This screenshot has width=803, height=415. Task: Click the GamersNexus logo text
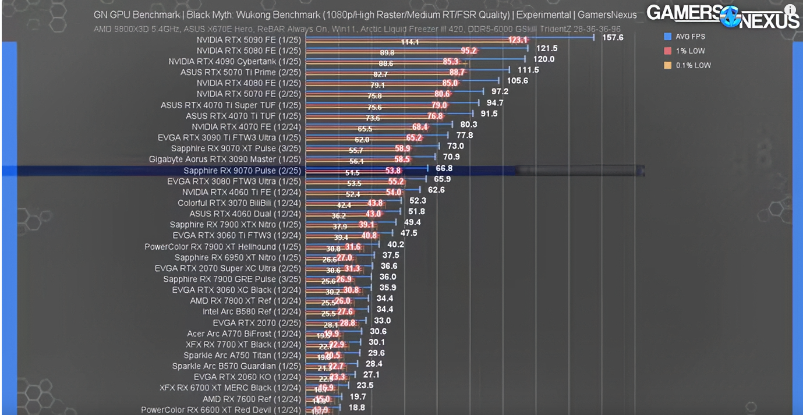point(723,16)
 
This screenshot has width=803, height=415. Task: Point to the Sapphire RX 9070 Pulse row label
point(242,171)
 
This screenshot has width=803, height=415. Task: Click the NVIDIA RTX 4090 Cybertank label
point(235,61)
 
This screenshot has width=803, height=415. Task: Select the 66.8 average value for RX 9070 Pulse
point(444,169)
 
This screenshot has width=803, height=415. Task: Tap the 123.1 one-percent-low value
point(517,40)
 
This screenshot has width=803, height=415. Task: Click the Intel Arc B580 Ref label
point(252,312)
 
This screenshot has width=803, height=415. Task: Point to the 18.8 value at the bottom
point(356,408)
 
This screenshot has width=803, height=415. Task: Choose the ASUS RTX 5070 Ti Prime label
point(240,72)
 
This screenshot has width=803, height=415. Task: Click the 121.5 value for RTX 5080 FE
point(547,48)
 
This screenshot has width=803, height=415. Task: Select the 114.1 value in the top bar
point(410,42)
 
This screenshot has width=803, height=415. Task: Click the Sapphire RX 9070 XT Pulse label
point(236,148)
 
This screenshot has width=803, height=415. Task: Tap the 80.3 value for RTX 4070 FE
point(468,125)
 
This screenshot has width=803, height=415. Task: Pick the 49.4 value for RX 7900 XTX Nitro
point(412,222)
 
